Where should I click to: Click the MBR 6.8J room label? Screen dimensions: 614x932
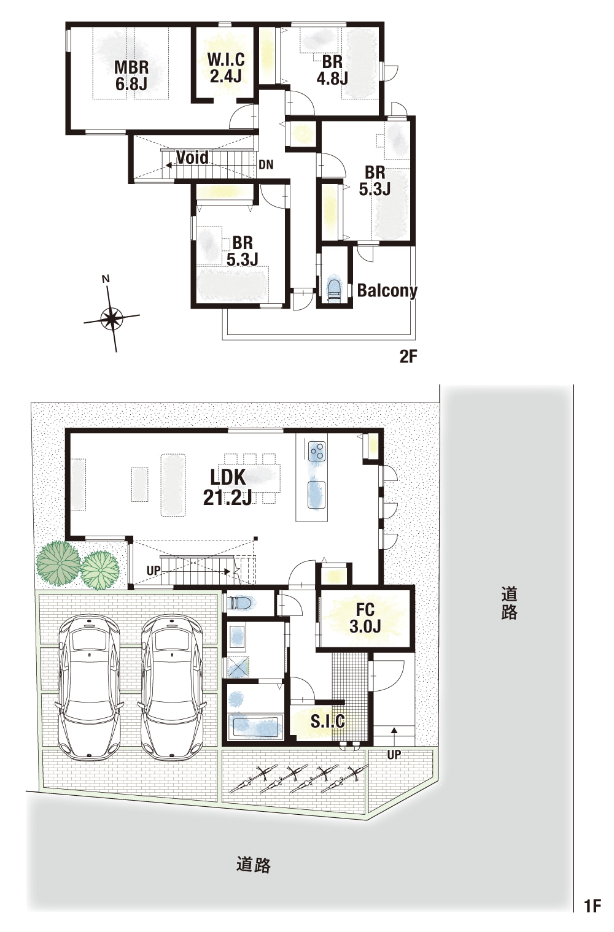coord(131,75)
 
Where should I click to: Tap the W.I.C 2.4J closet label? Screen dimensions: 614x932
coord(226,68)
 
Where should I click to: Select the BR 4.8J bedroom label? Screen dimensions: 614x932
coord(332,70)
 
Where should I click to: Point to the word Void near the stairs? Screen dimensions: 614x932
coord(192,157)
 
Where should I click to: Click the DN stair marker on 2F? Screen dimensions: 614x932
coord(266,165)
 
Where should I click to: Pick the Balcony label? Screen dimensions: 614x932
coord(387,290)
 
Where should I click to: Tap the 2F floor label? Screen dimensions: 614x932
coord(408,356)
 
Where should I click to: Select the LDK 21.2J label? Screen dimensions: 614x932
coord(228,487)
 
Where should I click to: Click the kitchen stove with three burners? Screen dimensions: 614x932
coord(317,450)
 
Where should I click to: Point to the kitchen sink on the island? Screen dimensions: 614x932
coord(316,495)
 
